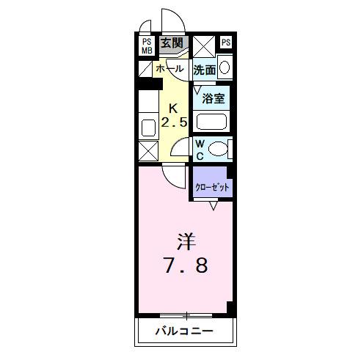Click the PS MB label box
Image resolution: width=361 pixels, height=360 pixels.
[147, 45]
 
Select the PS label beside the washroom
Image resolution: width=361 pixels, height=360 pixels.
[225, 43]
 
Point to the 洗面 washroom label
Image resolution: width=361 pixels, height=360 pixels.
[205, 70]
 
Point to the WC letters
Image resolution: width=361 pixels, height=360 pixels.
[200, 149]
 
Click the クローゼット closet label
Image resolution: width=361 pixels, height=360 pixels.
[212, 187]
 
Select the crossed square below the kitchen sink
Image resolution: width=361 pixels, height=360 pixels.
[147, 151]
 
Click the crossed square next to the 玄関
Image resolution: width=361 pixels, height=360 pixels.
[203, 45]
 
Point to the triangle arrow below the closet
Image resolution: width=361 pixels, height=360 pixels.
[213, 206]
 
